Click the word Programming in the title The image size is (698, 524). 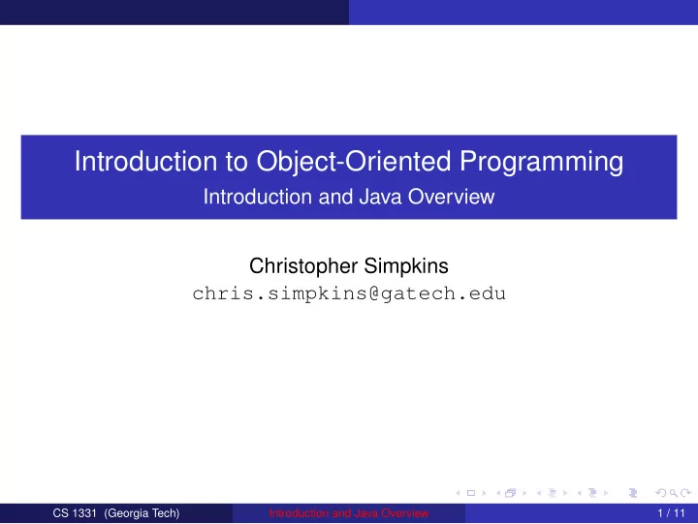click(541, 162)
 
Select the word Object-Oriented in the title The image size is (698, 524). click(354, 162)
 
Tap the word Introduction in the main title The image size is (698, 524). click(146, 161)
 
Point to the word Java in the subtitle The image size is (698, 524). click(381, 197)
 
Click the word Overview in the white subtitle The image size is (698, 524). click(452, 197)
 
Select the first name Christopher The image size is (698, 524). click(303, 266)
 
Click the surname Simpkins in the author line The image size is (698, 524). click(406, 266)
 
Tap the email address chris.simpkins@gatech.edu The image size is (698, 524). click(349, 293)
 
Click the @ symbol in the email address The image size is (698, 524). click(374, 294)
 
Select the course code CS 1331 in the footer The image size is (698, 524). click(75, 513)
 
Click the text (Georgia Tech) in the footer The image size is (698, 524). click(142, 513)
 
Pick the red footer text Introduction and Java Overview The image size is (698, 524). click(349, 513)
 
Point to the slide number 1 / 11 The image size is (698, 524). click(671, 513)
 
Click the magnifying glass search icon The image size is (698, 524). click(674, 493)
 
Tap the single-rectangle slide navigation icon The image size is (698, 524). click(471, 493)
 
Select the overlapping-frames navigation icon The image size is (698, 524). click(511, 493)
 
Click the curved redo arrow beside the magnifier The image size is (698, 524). click(686, 493)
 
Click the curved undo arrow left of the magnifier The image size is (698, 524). click(661, 493)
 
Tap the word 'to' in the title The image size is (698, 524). click(237, 162)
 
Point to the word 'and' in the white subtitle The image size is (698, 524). click(335, 197)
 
